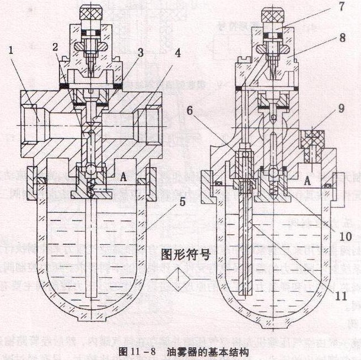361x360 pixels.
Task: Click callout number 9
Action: point(341,109)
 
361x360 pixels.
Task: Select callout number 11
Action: point(343,295)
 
